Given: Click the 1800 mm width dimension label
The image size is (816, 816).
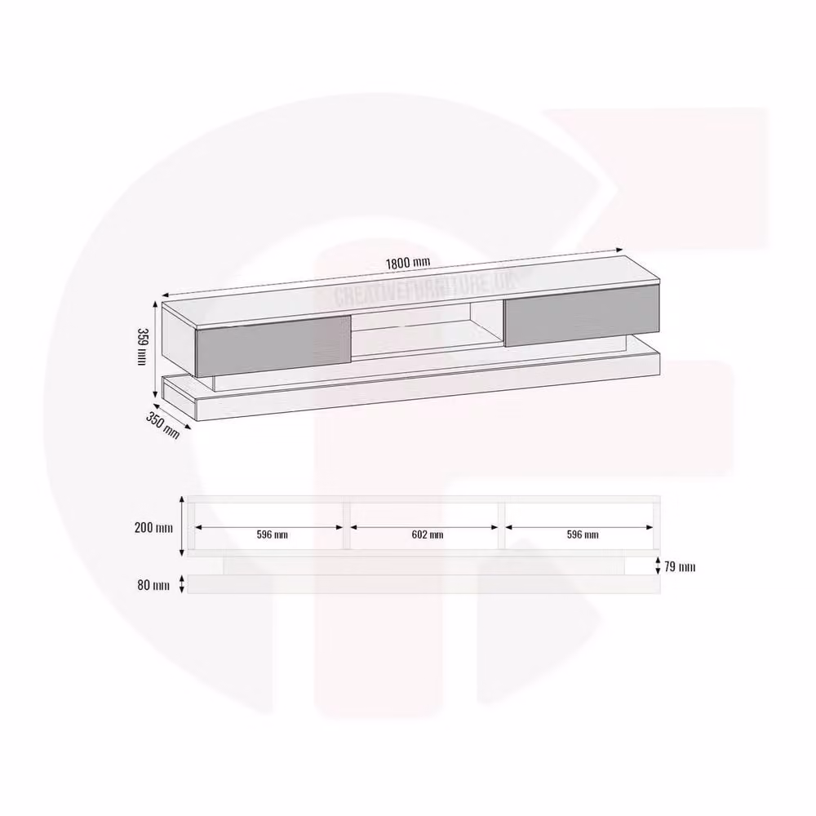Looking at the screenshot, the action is pos(408,262).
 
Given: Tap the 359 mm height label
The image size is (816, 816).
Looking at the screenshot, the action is pos(141,346).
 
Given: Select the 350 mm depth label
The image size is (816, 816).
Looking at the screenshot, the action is pos(162,425).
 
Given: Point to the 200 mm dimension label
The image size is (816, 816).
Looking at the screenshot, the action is pos(153,527).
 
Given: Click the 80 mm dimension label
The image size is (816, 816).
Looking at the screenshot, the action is pos(153,585).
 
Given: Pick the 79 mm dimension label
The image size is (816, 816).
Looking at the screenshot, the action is pos(680,566).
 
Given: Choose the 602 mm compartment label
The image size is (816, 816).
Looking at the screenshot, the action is pos(428,534).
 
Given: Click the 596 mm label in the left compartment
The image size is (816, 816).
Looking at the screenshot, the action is pos(273,534).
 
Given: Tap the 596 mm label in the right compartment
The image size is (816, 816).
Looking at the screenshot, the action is pos(583,534).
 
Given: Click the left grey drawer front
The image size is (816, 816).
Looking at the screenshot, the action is pos(273,345).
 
